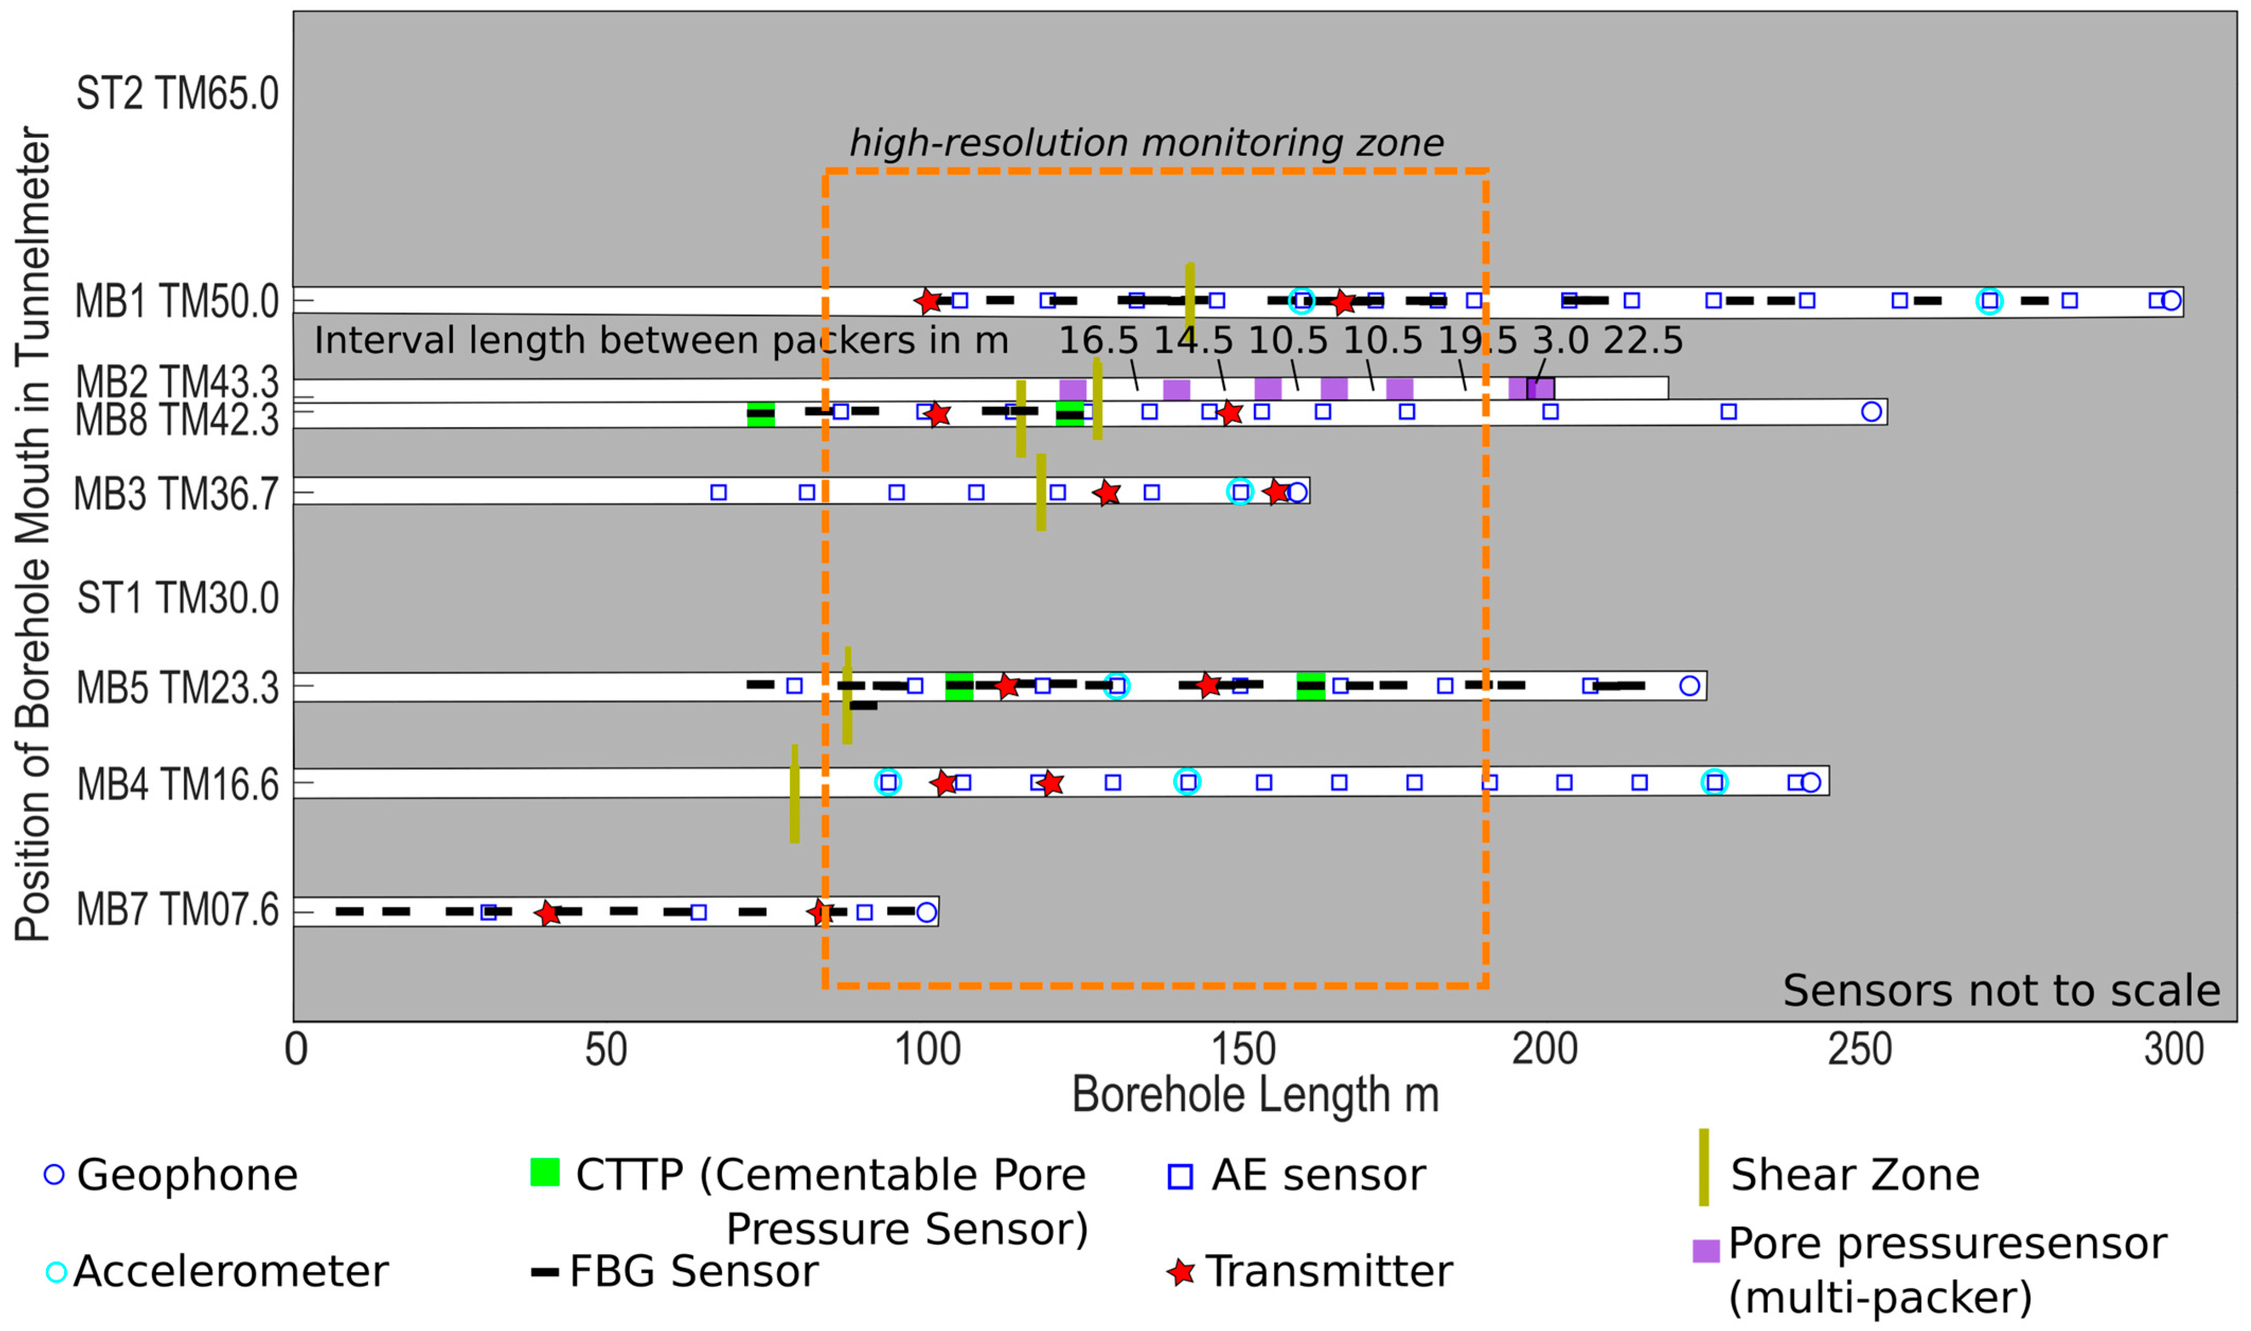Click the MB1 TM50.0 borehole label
click(177, 302)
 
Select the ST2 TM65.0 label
click(177, 93)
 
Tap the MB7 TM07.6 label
click(177, 910)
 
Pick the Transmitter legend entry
click(1327, 1272)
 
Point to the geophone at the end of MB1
click(2170, 300)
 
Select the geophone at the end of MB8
click(1871, 412)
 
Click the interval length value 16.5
click(1098, 341)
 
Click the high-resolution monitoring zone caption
click(1146, 144)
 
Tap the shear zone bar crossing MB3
click(1041, 493)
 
